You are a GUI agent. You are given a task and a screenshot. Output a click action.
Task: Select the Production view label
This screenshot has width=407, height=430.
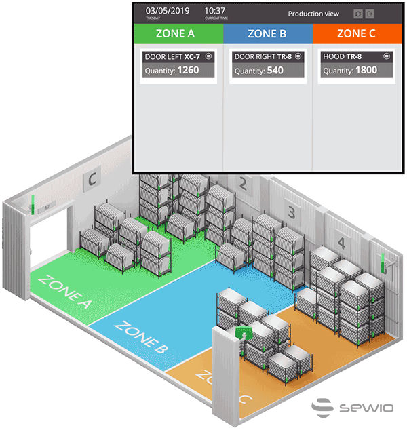[313, 14]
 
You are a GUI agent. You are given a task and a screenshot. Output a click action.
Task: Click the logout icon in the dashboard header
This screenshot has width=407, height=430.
[370, 14]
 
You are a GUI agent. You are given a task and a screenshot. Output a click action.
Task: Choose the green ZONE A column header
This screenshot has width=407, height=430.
[178, 33]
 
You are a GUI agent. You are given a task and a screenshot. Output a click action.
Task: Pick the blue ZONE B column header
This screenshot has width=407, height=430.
[267, 33]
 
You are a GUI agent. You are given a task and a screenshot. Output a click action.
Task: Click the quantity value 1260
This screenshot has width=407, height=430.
[188, 70]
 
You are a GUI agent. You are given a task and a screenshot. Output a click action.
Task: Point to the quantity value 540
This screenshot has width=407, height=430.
[275, 70]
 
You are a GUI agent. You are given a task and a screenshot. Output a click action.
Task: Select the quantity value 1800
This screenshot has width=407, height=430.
[366, 70]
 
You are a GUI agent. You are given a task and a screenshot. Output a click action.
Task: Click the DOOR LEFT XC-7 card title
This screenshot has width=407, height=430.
[172, 57]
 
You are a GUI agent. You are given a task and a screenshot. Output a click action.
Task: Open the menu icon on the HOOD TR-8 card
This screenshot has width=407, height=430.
[386, 57]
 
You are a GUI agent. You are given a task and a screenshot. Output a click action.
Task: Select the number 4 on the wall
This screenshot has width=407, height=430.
[341, 242]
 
